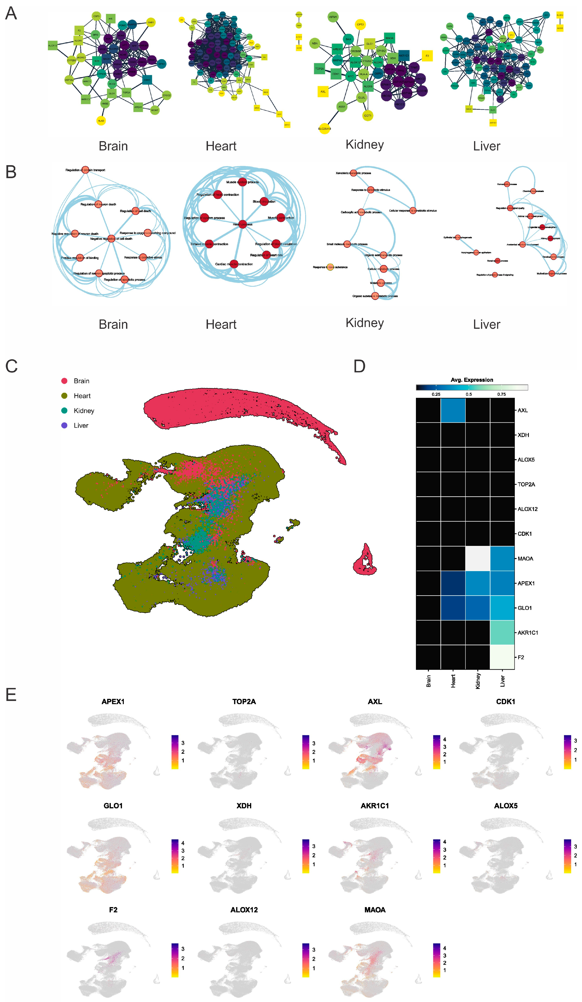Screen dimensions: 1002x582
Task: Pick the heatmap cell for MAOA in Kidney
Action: (478, 558)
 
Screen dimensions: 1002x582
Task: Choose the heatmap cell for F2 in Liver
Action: (502, 657)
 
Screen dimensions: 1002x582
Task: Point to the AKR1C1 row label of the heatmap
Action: (528, 632)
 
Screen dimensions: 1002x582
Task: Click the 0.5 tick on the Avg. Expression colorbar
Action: (469, 394)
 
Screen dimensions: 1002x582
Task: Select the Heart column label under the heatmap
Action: (453, 681)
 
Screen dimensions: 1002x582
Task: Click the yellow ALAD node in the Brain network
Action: (101, 121)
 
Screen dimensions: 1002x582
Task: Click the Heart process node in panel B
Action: (242, 224)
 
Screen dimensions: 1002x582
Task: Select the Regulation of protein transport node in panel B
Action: (85, 170)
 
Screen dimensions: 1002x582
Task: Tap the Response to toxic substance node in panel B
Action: (330, 267)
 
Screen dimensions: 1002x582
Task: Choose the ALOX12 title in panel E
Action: (244, 910)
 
